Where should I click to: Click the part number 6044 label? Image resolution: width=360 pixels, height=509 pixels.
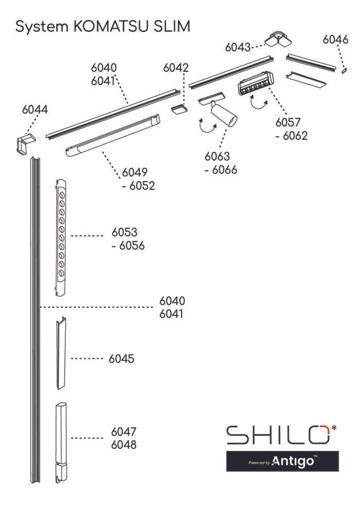coord(35,110)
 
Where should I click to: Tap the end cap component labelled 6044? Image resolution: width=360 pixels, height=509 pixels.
coord(26,143)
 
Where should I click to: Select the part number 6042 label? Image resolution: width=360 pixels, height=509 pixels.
coord(175,68)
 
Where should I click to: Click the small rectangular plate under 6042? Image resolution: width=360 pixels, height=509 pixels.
coord(179,109)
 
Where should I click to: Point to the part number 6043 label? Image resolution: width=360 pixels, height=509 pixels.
coord(238,47)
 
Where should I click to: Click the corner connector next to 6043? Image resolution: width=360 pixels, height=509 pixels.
coord(278,39)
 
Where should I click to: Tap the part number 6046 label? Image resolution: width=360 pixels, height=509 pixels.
coord(335,40)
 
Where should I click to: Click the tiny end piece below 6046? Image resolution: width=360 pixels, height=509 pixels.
coord(344,70)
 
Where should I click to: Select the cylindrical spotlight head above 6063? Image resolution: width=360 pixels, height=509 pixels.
coord(224,114)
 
